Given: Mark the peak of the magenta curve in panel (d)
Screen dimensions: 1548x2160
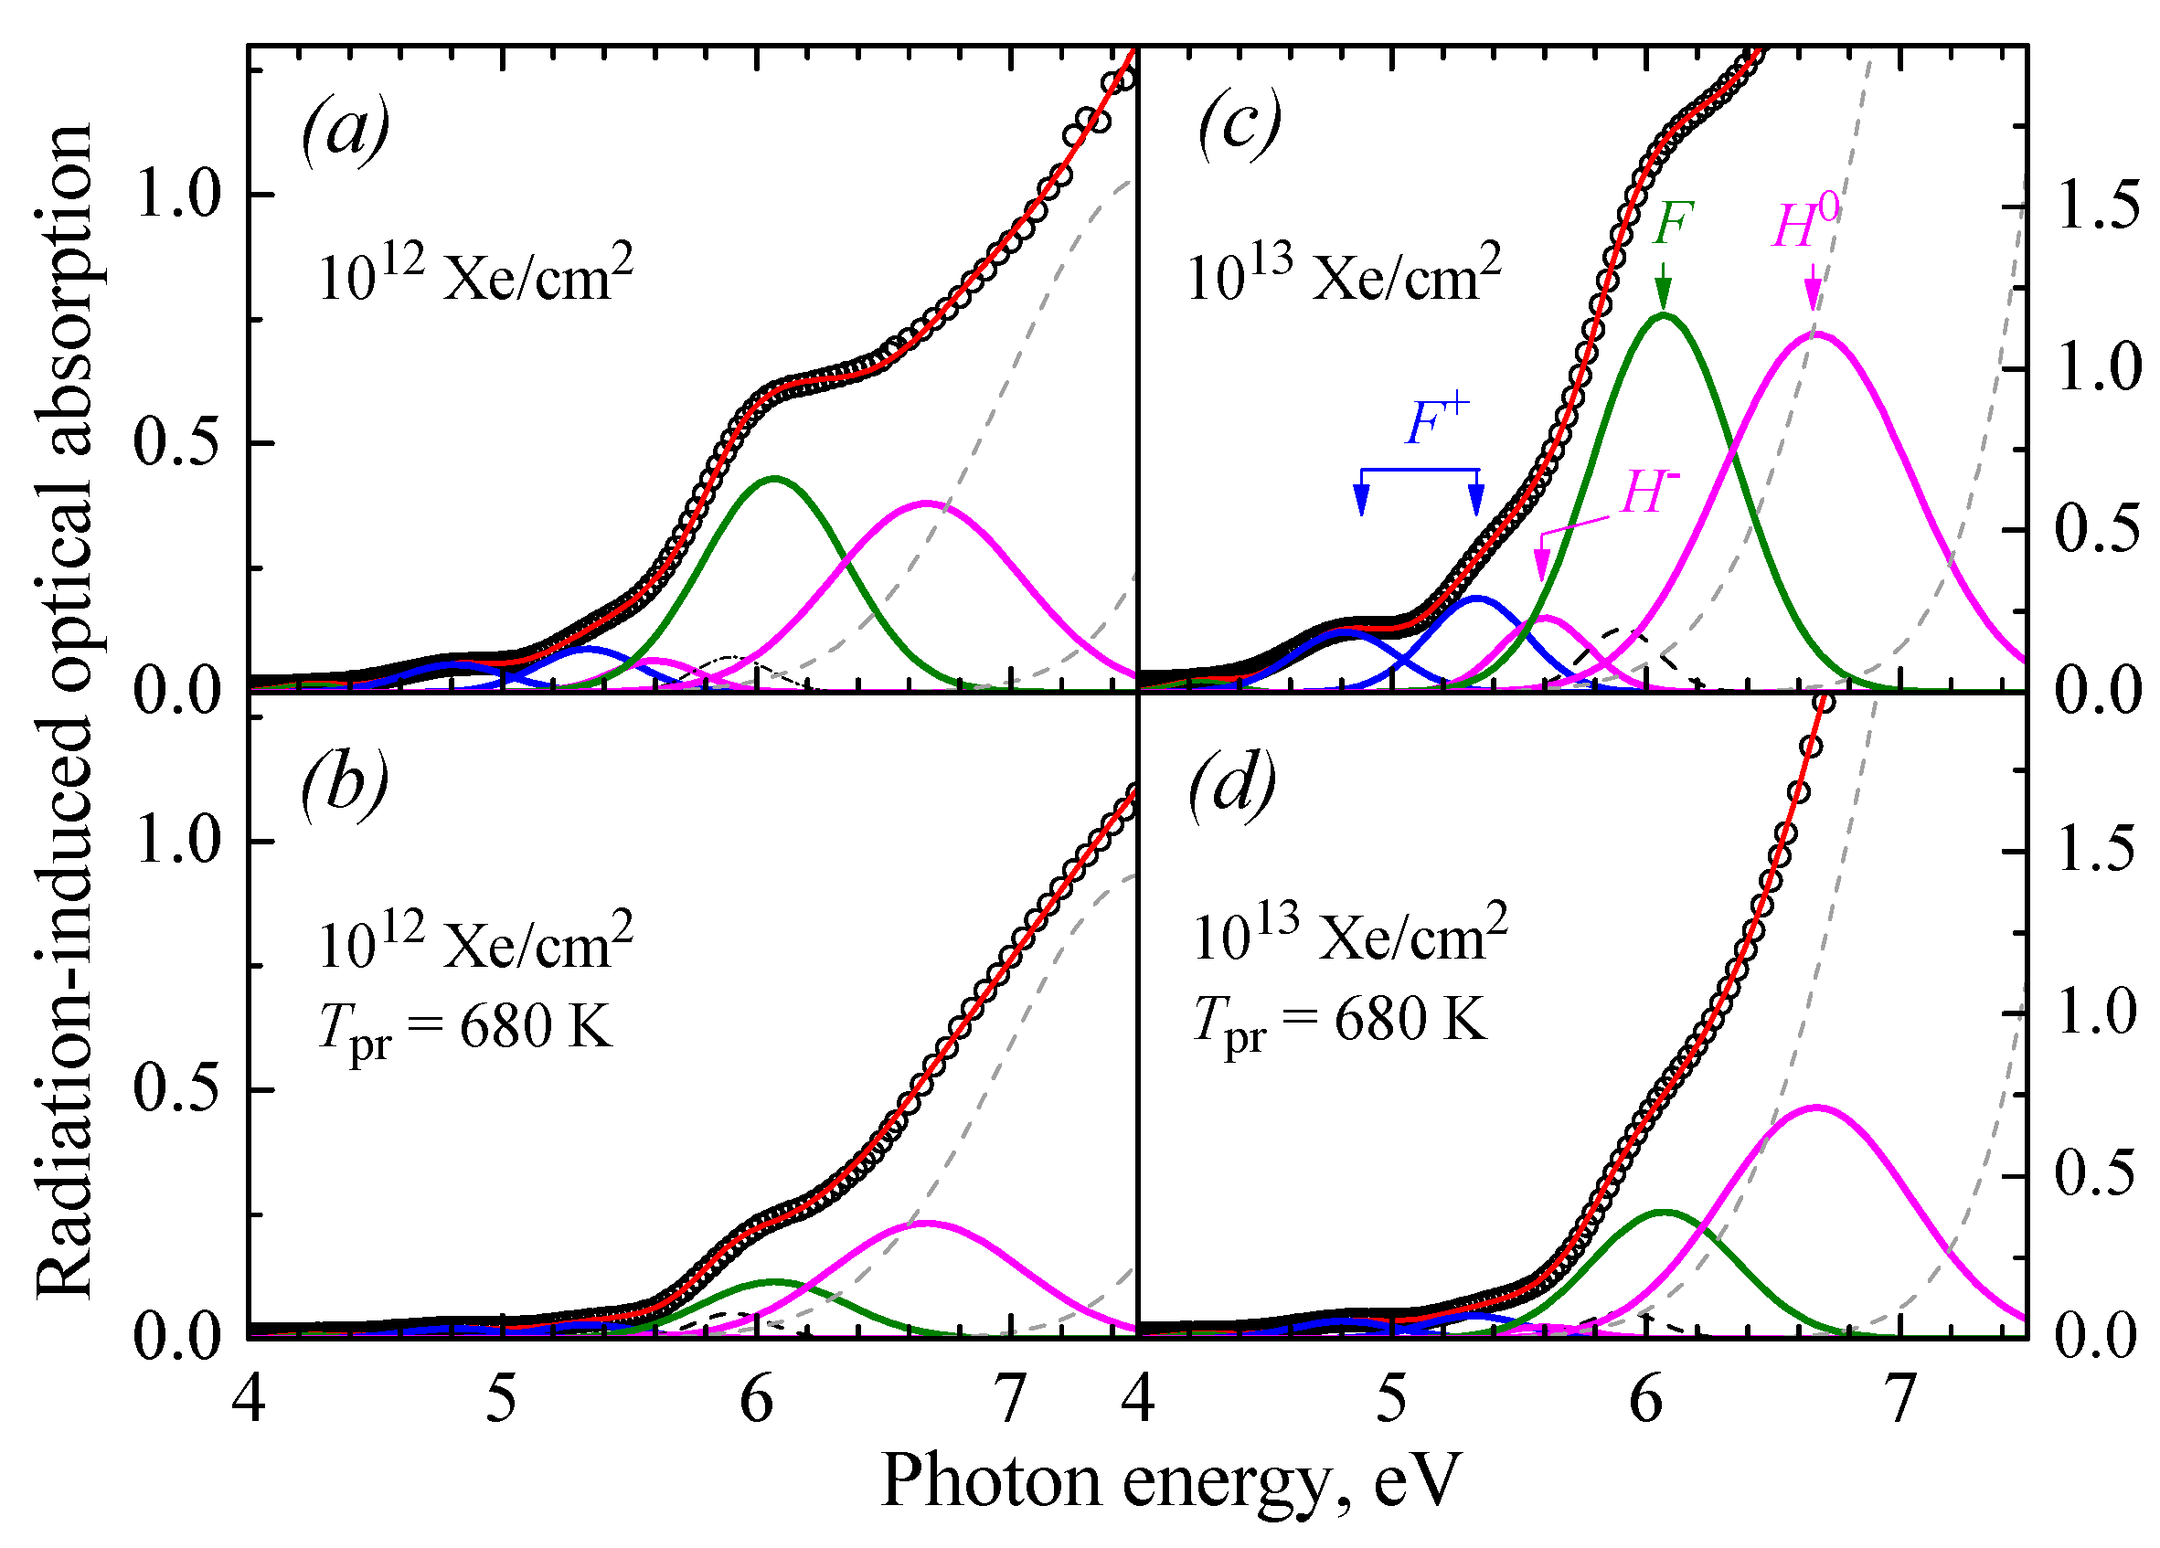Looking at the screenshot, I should pos(1815,1108).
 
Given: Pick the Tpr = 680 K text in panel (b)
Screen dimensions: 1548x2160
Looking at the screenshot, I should pos(465,1030).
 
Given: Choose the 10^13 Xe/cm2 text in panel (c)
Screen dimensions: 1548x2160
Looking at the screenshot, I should pos(1344,273).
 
